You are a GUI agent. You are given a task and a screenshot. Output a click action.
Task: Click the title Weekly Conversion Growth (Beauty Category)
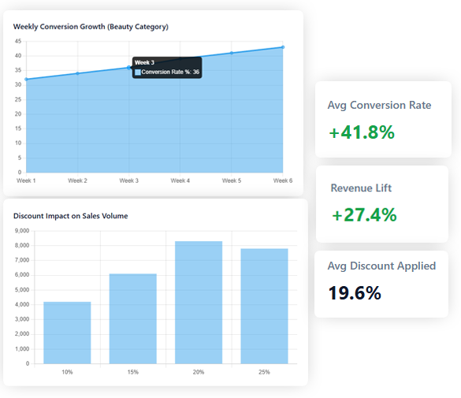(x=91, y=27)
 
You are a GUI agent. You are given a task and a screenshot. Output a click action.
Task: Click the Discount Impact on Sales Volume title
(x=70, y=215)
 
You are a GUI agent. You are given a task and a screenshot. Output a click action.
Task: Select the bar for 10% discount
(x=67, y=333)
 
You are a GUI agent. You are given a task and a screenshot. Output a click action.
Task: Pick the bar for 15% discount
(x=132, y=318)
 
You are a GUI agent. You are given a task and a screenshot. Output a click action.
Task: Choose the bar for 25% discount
(x=264, y=306)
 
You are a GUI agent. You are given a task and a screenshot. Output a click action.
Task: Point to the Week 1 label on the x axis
(x=26, y=180)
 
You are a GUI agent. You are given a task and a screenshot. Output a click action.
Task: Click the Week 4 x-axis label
(x=180, y=180)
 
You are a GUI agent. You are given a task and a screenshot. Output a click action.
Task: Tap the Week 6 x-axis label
(x=283, y=180)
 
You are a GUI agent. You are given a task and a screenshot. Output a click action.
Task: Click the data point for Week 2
(x=77, y=73)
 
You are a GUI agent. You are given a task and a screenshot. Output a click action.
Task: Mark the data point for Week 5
(x=232, y=53)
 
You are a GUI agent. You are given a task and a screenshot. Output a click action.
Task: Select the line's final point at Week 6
(x=283, y=47)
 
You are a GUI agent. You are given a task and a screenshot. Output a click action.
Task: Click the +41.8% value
(x=362, y=132)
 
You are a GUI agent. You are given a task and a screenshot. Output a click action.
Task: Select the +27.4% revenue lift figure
(x=364, y=214)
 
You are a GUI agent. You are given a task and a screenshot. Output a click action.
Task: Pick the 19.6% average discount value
(x=355, y=293)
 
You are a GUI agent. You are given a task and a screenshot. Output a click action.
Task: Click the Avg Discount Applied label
(x=381, y=266)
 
